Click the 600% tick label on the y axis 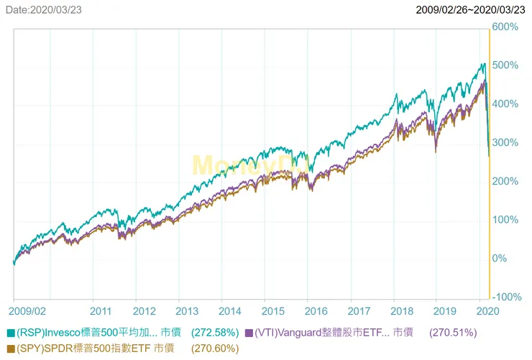tap(505, 27)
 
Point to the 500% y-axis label tap(505, 65)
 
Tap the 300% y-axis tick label tap(505, 142)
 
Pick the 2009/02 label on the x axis tap(28, 311)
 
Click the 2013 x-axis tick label tap(187, 311)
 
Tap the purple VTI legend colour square tap(249, 333)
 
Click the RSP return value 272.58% tap(216, 333)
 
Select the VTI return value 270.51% tap(453, 333)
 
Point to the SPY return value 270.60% tap(215, 349)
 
